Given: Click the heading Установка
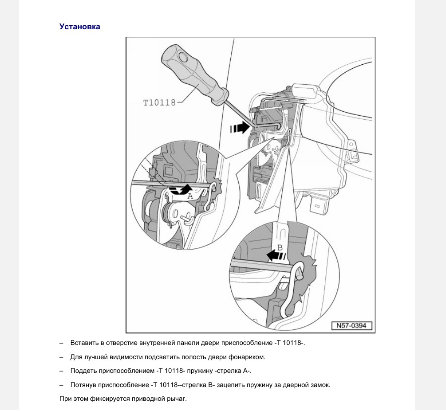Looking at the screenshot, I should click(x=80, y=27).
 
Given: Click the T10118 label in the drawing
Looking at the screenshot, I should click(x=159, y=103).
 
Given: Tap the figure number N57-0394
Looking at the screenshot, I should click(x=351, y=326).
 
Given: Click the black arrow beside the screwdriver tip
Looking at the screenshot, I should click(x=240, y=128).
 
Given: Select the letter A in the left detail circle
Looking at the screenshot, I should click(x=189, y=196).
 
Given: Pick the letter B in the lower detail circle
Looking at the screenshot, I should click(x=280, y=247).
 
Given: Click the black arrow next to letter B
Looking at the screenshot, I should click(x=276, y=255).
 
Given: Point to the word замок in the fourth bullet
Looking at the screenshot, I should click(x=320, y=385).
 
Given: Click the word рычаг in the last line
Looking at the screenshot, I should click(x=178, y=399).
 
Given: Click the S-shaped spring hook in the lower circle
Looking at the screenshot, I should click(x=293, y=288).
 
